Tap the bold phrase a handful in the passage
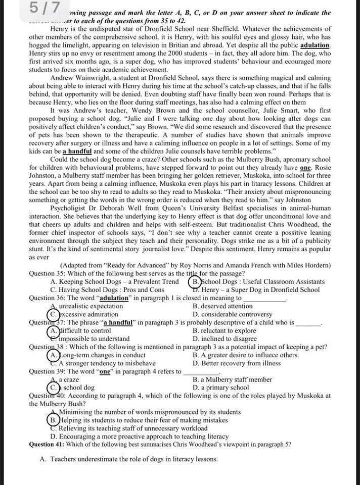[x=77, y=151]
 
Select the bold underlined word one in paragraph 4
[x=305, y=167]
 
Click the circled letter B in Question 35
[x=195, y=281]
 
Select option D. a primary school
[x=221, y=387]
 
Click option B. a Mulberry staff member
[x=232, y=379]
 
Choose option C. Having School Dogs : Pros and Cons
[x=107, y=289]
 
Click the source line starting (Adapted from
[x=195, y=265]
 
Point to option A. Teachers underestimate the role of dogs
[x=128, y=459]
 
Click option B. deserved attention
[x=222, y=306]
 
